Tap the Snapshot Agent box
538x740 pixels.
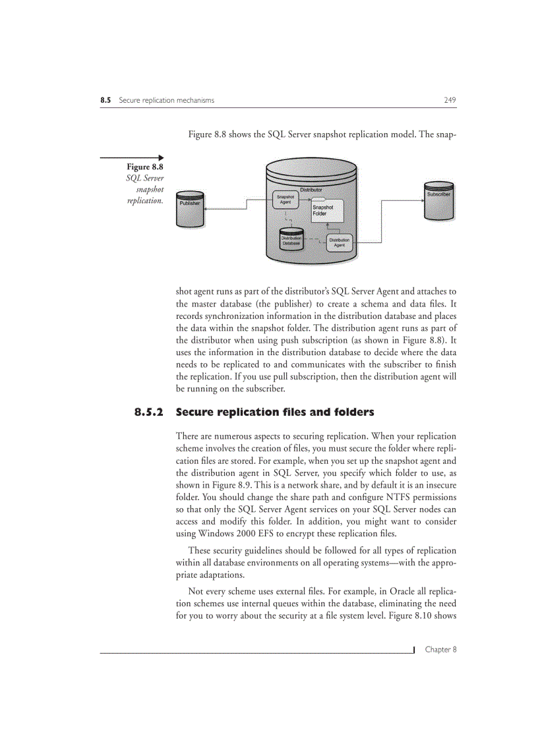285,200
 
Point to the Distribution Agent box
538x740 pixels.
339,242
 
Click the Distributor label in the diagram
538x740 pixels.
311,190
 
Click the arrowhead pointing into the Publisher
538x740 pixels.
207,209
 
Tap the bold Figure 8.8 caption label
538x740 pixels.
145,167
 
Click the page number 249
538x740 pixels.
450,100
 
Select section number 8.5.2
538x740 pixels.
148,413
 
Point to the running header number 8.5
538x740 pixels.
105,100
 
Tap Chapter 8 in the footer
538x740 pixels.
440,649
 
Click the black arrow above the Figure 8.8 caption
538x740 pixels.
132,157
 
